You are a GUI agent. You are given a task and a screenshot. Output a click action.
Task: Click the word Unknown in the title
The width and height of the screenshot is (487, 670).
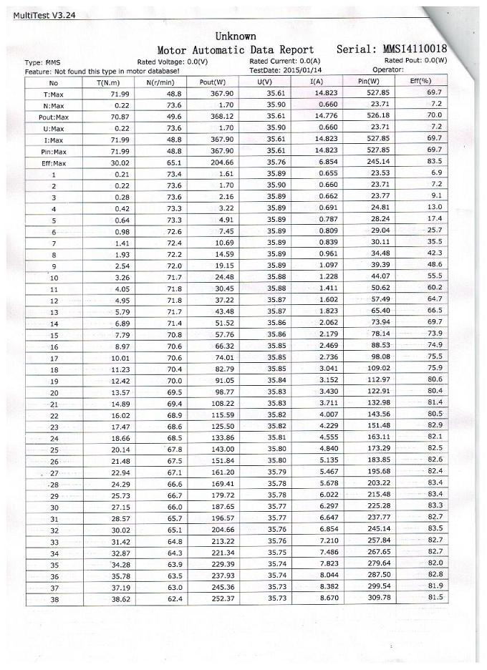pos(235,36)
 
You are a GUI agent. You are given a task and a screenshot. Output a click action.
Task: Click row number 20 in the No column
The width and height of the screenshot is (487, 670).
pos(54,393)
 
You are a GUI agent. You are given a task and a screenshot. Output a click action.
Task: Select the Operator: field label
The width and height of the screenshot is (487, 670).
pos(388,70)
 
